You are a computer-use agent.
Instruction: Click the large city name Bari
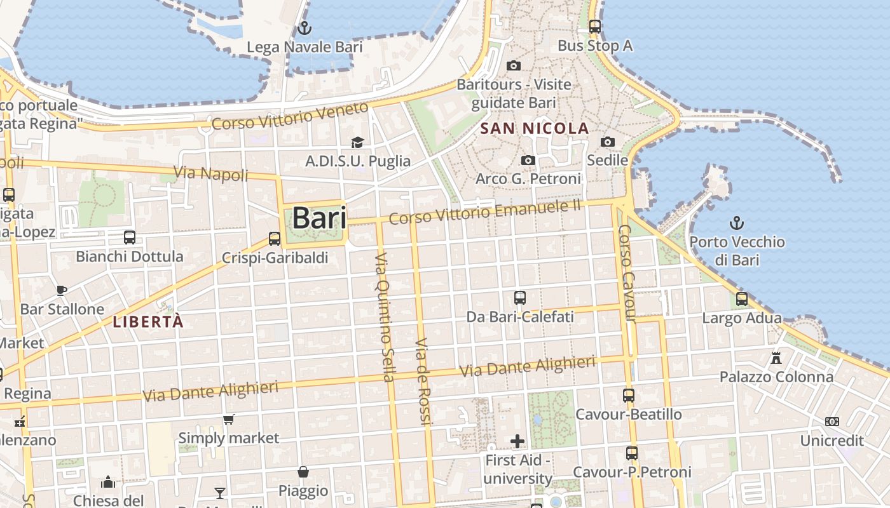pyautogui.click(x=319, y=218)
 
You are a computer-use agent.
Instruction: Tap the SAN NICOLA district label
pyautogui.click(x=535, y=128)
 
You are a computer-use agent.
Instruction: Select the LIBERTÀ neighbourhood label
pyautogui.click(x=148, y=321)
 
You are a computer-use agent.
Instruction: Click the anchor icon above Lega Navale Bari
pyautogui.click(x=304, y=28)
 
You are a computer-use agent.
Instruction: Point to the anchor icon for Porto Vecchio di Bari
pyautogui.click(x=736, y=223)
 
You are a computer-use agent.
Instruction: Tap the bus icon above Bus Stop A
pyautogui.click(x=595, y=27)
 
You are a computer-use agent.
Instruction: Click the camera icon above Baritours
pyautogui.click(x=514, y=65)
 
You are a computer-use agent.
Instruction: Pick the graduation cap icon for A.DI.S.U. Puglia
pyautogui.click(x=357, y=142)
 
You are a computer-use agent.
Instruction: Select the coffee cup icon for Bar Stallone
pyautogui.click(x=62, y=290)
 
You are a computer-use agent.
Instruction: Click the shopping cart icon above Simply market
pyautogui.click(x=229, y=419)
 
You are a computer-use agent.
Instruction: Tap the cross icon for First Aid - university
pyautogui.click(x=517, y=441)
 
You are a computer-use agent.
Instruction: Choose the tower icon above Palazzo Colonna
pyautogui.click(x=776, y=358)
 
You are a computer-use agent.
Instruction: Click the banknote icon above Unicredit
pyautogui.click(x=832, y=422)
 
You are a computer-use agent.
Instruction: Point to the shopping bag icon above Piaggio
pyautogui.click(x=303, y=472)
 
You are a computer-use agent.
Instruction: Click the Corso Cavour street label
pyautogui.click(x=627, y=273)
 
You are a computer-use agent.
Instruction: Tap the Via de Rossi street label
pyautogui.click(x=423, y=381)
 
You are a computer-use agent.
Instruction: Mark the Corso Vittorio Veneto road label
pyautogui.click(x=290, y=116)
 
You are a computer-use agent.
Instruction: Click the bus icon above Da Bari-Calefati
pyautogui.click(x=520, y=297)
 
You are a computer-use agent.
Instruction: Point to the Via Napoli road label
pyautogui.click(x=211, y=173)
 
